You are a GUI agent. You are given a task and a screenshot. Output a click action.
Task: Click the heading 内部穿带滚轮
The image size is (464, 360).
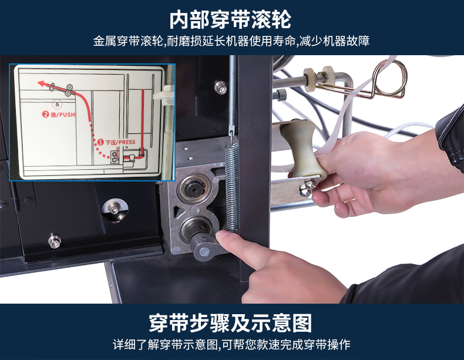coord(230,20)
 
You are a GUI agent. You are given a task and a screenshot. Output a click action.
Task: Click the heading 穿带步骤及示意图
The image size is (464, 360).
coord(230,323)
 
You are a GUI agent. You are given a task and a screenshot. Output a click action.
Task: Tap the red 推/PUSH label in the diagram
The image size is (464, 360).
coord(59,115)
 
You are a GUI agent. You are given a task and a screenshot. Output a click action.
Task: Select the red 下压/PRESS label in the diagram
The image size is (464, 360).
coord(116,142)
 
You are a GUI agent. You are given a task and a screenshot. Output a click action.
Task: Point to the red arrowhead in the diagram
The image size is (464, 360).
coord(42,83)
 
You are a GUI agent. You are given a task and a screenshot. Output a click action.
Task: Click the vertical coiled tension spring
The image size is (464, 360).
coord(232,187)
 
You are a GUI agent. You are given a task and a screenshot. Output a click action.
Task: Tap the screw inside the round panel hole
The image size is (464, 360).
coord(114,209)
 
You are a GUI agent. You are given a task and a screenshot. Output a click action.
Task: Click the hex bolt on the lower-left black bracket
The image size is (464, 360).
coord(55,241)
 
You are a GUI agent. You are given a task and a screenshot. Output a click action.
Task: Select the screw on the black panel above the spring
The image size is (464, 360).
coord(220,88)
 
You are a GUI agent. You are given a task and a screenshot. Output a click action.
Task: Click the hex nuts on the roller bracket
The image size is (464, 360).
coord(307,188)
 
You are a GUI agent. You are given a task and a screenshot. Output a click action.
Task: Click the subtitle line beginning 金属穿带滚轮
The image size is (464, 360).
coord(231,41)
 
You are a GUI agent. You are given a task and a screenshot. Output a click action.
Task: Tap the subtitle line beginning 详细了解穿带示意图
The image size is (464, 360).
coord(231,345)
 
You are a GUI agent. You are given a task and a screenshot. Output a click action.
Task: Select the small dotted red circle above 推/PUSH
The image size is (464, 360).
coord(57,104)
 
